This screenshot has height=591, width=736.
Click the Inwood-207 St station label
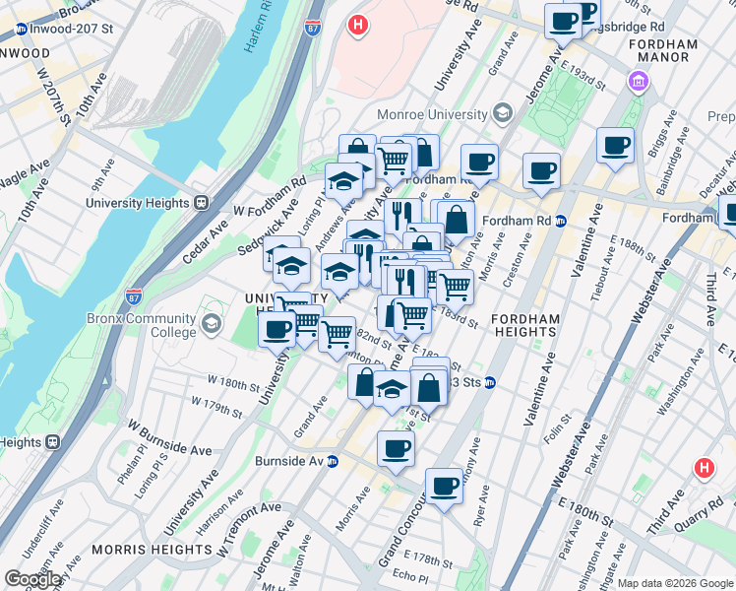coord(64,29)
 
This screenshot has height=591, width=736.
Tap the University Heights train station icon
coord(201,203)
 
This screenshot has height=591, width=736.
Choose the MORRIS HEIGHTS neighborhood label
coord(139,549)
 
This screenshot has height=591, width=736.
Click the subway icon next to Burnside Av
coord(333,461)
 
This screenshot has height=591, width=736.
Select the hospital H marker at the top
coord(359,24)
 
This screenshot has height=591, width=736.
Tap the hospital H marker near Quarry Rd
coord(705,468)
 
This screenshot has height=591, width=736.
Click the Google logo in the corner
coord(32,579)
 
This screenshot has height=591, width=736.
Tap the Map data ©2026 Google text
coord(674,583)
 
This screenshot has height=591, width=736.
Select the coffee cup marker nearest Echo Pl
coord(443,486)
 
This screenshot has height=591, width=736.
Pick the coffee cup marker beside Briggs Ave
coord(615,145)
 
